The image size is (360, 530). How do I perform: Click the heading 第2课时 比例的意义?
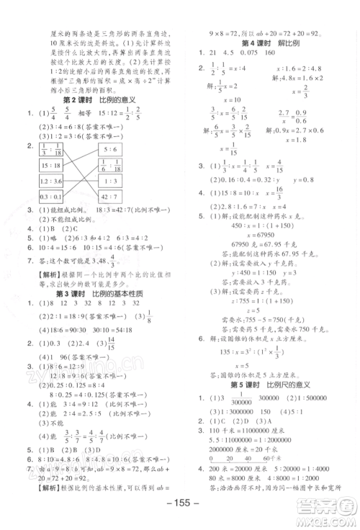101,99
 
